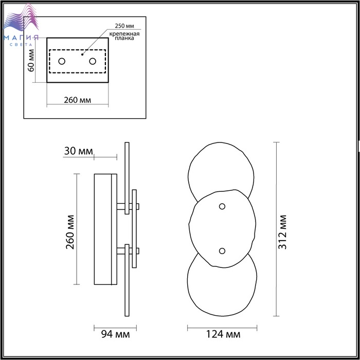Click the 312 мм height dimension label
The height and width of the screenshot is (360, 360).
282,232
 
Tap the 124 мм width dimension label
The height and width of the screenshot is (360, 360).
223,334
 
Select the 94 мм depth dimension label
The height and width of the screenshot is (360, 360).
116,334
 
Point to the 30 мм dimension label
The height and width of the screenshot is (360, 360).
79,151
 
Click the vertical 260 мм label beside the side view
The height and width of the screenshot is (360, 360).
70,232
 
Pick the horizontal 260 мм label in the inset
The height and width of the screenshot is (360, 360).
77,100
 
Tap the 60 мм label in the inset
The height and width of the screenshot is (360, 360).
31,61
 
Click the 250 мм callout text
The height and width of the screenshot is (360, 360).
124,26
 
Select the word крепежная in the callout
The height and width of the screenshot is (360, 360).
124,34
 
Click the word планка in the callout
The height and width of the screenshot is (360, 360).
124,39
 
